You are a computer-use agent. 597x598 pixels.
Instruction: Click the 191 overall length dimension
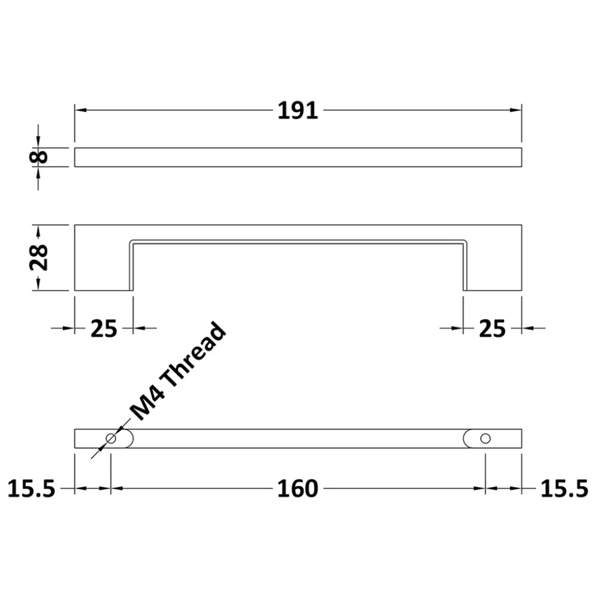298,111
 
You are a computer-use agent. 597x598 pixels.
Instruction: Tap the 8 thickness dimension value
39,157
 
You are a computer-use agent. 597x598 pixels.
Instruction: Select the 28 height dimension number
39,257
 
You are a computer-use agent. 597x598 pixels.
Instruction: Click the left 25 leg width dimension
103,328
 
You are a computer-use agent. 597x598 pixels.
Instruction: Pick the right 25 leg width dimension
492,328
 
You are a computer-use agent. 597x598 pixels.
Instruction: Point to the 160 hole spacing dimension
298,488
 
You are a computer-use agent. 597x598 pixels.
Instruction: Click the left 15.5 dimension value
31,488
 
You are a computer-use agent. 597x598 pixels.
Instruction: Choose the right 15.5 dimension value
564,488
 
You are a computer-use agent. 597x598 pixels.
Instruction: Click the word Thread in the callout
193,356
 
